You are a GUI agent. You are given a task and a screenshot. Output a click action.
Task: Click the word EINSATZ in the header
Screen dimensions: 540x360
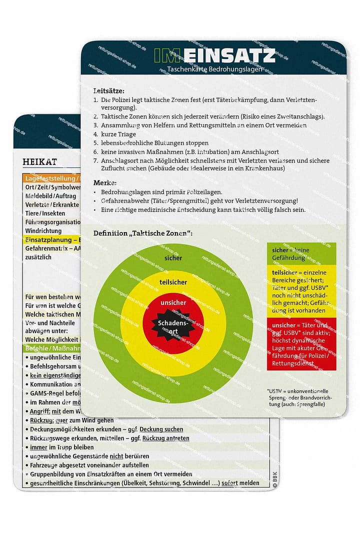[234, 55]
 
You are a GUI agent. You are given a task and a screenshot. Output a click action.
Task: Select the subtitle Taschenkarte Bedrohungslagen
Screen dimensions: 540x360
[215, 69]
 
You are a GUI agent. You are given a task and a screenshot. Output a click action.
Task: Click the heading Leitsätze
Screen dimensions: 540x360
[108, 91]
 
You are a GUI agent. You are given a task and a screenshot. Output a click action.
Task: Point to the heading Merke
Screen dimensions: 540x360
[105, 182]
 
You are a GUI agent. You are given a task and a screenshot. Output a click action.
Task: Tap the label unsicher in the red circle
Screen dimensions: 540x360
[173, 302]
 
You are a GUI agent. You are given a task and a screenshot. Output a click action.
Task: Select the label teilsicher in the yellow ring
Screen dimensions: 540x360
[173, 282]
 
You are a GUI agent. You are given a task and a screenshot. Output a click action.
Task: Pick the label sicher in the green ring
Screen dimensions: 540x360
[173, 258]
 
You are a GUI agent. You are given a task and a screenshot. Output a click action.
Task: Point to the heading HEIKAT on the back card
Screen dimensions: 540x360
[40, 161]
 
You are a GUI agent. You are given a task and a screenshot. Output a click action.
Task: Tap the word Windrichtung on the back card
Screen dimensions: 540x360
[43, 230]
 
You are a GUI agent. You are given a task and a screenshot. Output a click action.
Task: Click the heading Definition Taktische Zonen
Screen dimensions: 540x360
[143, 233]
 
